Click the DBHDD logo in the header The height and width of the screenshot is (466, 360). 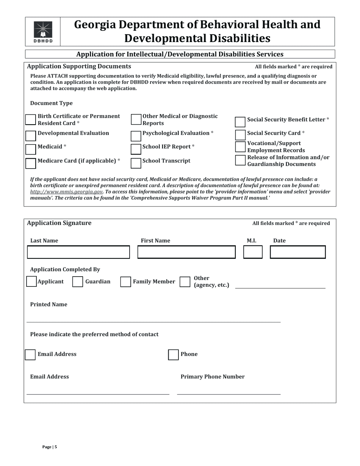(x=43, y=32)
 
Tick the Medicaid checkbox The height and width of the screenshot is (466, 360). (x=31, y=149)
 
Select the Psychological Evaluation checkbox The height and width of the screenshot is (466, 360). (x=136, y=136)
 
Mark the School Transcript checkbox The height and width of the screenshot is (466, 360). (x=136, y=163)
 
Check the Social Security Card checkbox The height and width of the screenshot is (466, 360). (x=240, y=135)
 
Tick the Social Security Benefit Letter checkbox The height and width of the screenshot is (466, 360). (x=240, y=122)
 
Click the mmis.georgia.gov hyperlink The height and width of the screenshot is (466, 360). (x=66, y=192)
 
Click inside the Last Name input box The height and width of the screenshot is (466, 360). (x=78, y=252)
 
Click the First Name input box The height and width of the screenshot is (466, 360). (x=186, y=252)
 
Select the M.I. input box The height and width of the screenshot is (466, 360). (x=253, y=252)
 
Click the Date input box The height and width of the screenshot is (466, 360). (x=297, y=252)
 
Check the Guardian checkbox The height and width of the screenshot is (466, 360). (x=78, y=282)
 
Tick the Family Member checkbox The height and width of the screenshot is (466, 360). (x=125, y=282)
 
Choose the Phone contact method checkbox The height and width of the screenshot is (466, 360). (x=173, y=355)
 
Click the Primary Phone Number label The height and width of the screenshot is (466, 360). (x=212, y=377)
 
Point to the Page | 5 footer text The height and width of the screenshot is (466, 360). (x=50, y=447)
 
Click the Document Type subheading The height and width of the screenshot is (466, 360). (x=51, y=103)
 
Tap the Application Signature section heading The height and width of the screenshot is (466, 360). (x=59, y=223)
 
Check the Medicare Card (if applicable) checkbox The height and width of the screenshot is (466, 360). (x=31, y=163)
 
